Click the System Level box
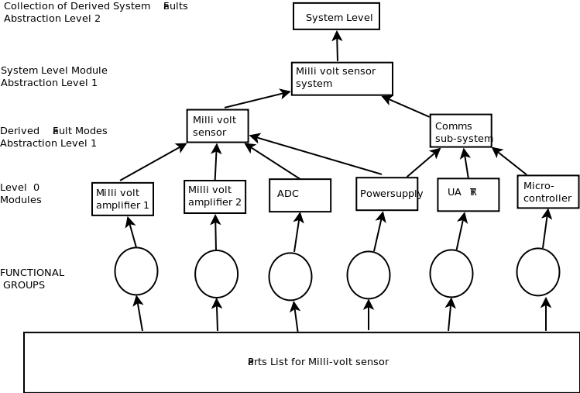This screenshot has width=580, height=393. pyautogui.click(x=336, y=16)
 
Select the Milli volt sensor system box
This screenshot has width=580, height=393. pyautogui.click(x=341, y=78)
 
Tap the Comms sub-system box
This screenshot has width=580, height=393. pyautogui.click(x=461, y=130)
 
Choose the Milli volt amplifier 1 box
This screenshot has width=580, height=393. pyautogui.click(x=122, y=199)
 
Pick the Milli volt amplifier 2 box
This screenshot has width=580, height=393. pyautogui.click(x=214, y=197)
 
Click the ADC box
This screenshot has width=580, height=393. pyautogui.click(x=300, y=195)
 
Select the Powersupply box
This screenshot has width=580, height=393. pyautogui.click(x=386, y=194)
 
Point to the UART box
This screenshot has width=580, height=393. pyautogui.click(x=468, y=195)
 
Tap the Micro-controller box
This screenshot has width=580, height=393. pyautogui.click(x=547, y=191)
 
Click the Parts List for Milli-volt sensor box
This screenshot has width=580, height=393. pyautogui.click(x=301, y=362)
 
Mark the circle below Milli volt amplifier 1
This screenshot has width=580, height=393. pyautogui.click(x=136, y=271)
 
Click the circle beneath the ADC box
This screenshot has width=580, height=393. pyautogui.click(x=290, y=277)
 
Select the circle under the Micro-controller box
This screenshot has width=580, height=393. pyautogui.click(x=538, y=272)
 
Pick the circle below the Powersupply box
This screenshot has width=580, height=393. pyautogui.click(x=369, y=275)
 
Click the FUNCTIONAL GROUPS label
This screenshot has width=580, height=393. pyautogui.click(x=32, y=279)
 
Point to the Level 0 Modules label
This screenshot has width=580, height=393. pyautogui.click(x=20, y=194)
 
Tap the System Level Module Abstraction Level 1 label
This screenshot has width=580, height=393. pyautogui.click(x=53, y=77)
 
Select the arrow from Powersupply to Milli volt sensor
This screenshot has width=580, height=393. pyautogui.click(x=315, y=155)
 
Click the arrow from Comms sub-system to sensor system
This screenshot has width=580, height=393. pyautogui.click(x=406, y=106)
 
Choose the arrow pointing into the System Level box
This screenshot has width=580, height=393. pyautogui.click(x=337, y=46)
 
